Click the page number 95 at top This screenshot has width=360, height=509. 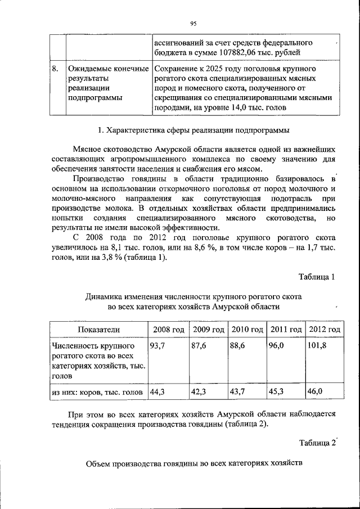click(x=192, y=23)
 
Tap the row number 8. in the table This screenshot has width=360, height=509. click(x=55, y=69)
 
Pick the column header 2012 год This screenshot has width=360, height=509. click(x=324, y=329)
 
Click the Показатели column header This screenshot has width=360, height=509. click(x=98, y=329)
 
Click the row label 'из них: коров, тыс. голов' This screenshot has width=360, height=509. click(x=97, y=391)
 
